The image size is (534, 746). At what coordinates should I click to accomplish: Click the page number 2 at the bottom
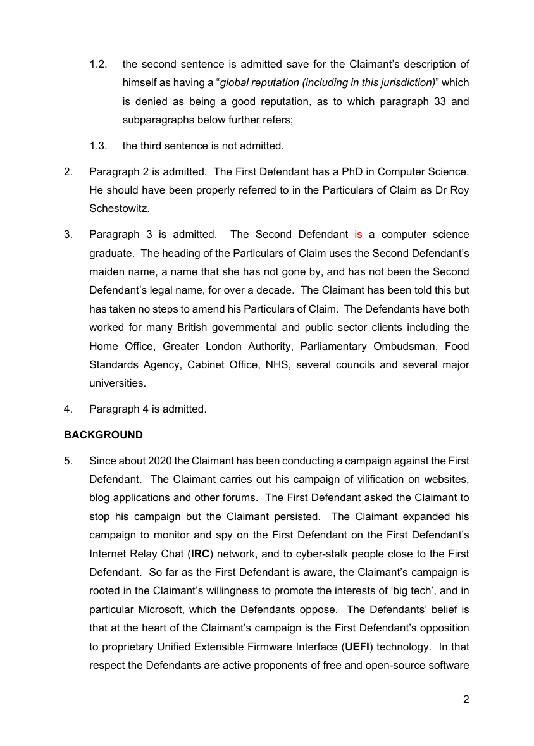click(466, 699)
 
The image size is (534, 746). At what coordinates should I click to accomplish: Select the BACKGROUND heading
click(103, 435)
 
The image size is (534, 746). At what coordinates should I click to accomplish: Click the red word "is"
click(358, 234)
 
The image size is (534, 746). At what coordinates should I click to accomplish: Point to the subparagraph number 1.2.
click(98, 64)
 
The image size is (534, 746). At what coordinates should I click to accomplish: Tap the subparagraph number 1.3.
click(98, 146)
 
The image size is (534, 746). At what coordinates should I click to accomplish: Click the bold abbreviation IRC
click(201, 554)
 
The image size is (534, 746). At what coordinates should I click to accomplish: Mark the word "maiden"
click(107, 272)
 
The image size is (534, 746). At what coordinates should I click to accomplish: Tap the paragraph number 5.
click(68, 461)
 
